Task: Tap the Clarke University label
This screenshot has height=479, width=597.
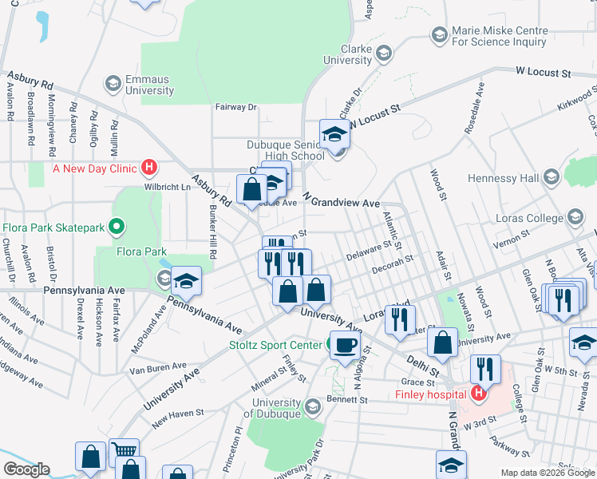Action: [x=348, y=54]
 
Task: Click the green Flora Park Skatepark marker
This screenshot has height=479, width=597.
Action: [x=116, y=228]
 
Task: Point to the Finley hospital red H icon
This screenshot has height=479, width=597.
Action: [x=478, y=394]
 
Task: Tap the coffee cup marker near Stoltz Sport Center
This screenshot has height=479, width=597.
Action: [x=344, y=346]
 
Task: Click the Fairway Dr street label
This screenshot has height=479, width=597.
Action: [x=235, y=106]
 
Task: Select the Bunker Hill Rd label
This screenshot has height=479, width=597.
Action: [x=212, y=233]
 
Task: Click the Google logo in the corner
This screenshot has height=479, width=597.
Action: [x=26, y=469]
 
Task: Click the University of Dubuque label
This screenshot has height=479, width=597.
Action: [x=277, y=407]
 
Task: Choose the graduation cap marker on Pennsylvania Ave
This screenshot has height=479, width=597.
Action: [x=187, y=281]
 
